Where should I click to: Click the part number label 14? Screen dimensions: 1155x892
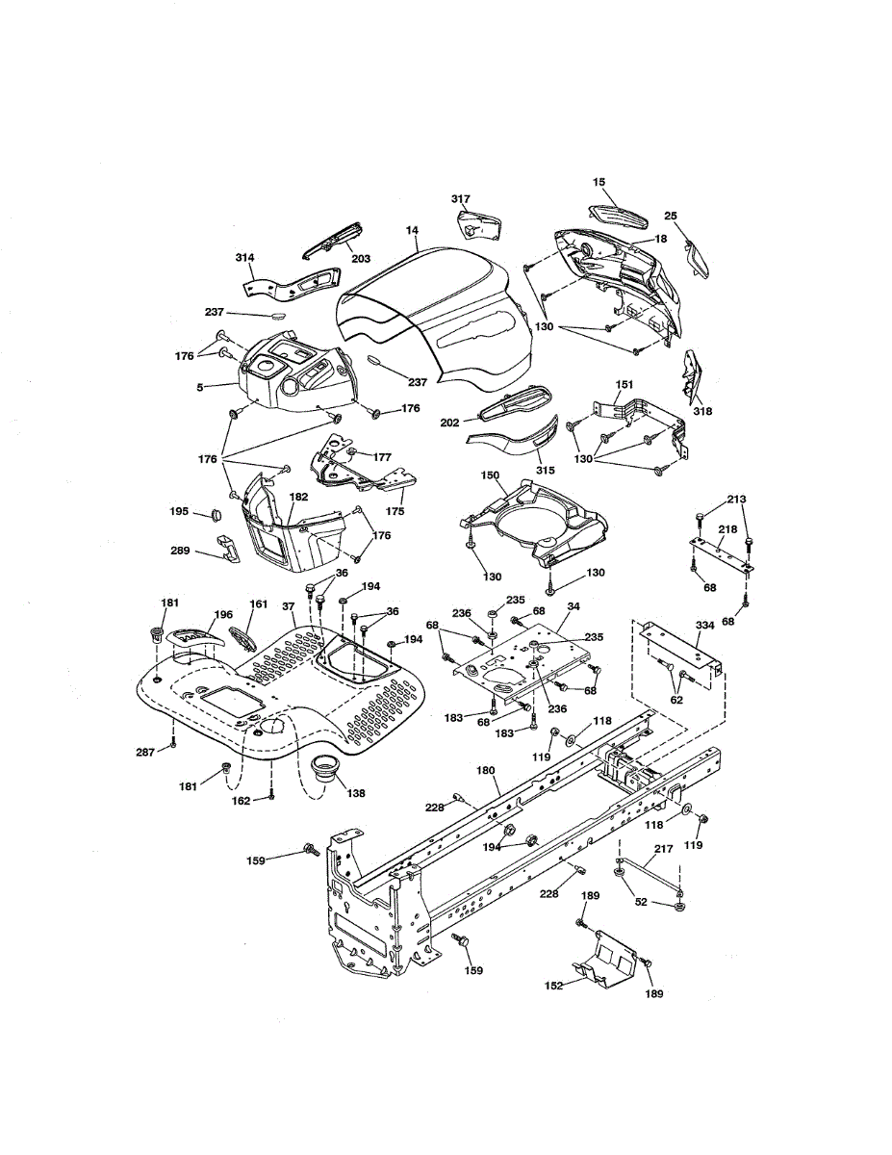tap(412, 231)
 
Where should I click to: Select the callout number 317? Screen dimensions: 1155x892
tap(461, 199)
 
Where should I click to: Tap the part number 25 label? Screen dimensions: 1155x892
tap(671, 216)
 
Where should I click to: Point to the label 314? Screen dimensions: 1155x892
tap(245, 258)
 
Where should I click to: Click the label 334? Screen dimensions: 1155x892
tap(704, 626)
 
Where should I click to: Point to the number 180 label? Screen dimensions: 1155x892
tap(486, 770)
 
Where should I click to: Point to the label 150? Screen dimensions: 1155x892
tap(489, 475)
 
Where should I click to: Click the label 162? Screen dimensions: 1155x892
tap(242, 800)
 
